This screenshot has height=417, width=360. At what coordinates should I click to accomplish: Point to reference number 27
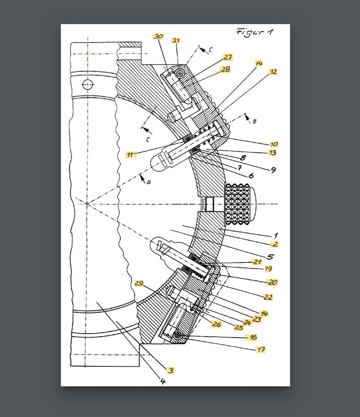228,57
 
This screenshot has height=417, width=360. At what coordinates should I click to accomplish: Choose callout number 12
273,71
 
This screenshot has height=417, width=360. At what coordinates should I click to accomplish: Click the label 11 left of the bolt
130,154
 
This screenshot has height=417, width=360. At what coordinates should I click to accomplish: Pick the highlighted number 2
274,244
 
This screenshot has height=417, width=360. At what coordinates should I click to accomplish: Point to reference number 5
270,256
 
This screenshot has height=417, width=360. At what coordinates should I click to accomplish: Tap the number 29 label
139,283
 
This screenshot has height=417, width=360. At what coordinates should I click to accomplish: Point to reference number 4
162,382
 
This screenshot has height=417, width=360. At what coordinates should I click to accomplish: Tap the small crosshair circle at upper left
88,84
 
